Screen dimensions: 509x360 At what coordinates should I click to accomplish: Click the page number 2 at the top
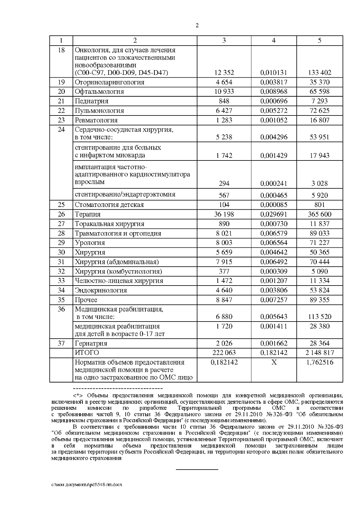click(x=197, y=25)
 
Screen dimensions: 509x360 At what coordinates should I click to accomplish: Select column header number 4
click(x=274, y=40)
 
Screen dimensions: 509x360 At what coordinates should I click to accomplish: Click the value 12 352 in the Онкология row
click(x=224, y=73)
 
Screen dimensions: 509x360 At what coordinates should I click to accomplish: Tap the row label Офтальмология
click(x=99, y=91)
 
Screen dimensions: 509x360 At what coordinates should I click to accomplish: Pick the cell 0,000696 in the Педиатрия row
click(x=274, y=101)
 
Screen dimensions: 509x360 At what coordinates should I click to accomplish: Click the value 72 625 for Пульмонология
click(x=319, y=111)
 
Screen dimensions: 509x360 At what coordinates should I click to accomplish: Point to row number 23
click(x=61, y=120)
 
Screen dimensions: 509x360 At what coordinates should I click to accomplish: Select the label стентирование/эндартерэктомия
click(x=125, y=194)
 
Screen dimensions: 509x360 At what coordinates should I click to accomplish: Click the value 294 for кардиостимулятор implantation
click(x=224, y=183)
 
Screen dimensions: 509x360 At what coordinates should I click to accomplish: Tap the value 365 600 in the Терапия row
click(x=319, y=214)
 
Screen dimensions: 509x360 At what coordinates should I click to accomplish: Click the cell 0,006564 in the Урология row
click(x=274, y=243)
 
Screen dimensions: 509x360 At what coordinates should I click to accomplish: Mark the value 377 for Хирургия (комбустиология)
click(x=224, y=271)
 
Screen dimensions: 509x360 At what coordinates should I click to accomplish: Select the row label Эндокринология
click(x=101, y=290)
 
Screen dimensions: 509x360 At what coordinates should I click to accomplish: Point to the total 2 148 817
click(x=319, y=353)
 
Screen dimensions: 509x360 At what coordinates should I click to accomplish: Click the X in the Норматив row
click(x=274, y=362)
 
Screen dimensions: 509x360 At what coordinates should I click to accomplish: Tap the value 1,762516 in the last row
click(x=319, y=362)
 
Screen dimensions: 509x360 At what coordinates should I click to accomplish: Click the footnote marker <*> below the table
click(x=78, y=395)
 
